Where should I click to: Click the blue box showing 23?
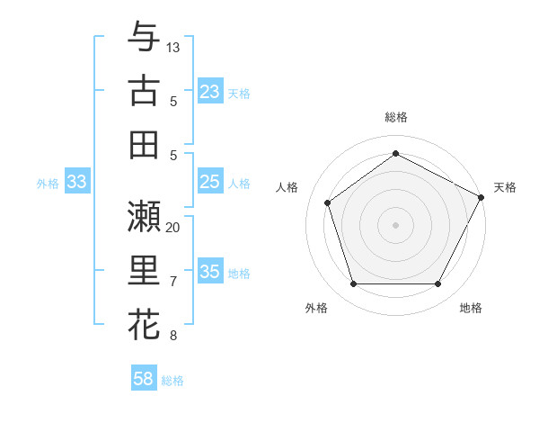coord(210,91)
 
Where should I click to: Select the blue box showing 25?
coord(210,182)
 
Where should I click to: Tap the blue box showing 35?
coord(210,272)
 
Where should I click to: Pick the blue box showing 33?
coord(76,182)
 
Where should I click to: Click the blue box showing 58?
coord(144,379)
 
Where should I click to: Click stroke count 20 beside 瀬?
coord(173,227)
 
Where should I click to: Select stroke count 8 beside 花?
coord(173,336)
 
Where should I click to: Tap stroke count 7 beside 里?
coord(173,282)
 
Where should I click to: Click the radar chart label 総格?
coord(396,117)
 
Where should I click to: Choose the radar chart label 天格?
coord(505,187)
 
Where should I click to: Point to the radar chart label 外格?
coord(316,308)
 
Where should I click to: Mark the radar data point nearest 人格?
coord(328,202)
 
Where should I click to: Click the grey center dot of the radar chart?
coord(395,224)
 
